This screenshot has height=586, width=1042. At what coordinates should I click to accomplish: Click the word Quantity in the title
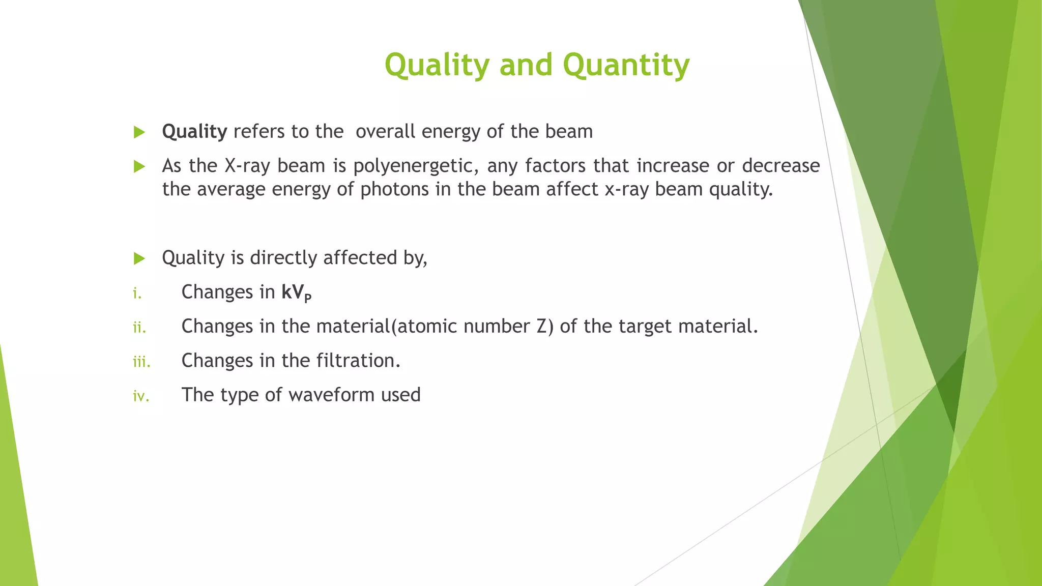pyautogui.click(x=626, y=65)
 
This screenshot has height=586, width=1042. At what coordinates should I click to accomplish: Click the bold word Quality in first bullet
pyautogui.click(x=194, y=132)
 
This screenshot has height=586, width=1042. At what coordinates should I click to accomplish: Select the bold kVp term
pyautogui.click(x=296, y=293)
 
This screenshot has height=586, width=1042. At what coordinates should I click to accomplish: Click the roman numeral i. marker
pyautogui.click(x=137, y=294)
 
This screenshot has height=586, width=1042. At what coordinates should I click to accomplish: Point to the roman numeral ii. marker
pyautogui.click(x=139, y=328)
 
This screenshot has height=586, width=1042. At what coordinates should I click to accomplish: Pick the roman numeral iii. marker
pyautogui.click(x=141, y=362)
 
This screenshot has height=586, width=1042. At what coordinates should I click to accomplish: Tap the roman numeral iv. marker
pyautogui.click(x=141, y=396)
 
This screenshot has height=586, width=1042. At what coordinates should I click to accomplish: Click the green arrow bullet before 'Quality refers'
pyautogui.click(x=139, y=132)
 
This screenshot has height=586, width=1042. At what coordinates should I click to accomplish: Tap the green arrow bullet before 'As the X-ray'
pyautogui.click(x=139, y=166)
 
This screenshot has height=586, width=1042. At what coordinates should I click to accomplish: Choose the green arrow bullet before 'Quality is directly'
pyautogui.click(x=139, y=258)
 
